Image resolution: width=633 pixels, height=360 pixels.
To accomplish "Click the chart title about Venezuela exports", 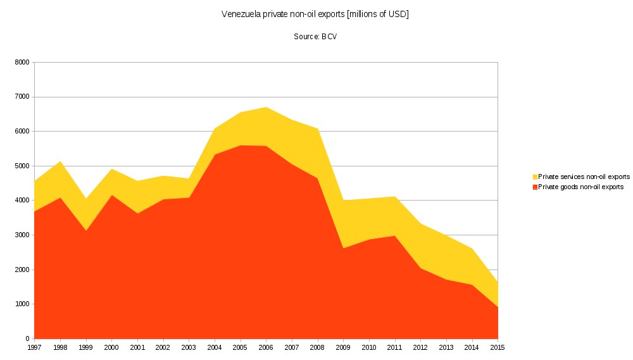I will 315,15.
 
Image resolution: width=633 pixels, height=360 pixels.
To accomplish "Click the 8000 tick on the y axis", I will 22,63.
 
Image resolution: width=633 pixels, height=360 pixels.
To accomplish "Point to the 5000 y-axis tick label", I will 22,166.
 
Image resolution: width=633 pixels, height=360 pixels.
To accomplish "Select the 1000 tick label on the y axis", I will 22,304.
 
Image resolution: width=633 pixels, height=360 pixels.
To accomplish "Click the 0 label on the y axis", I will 27,339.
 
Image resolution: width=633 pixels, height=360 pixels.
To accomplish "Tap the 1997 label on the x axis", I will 35,347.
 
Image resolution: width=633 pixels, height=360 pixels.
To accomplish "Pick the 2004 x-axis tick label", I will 215,347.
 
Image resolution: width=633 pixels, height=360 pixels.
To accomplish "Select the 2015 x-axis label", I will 498,347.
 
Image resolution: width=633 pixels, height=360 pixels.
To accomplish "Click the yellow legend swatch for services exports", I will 535,177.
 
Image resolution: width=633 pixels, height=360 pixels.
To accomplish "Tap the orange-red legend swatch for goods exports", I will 535,187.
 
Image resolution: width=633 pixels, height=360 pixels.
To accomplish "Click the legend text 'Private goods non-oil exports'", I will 581,187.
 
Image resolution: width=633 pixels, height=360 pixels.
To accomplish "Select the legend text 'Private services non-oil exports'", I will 584,177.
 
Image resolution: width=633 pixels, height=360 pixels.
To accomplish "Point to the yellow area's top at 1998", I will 61,162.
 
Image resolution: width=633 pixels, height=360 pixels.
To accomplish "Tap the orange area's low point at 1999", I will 86,230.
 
